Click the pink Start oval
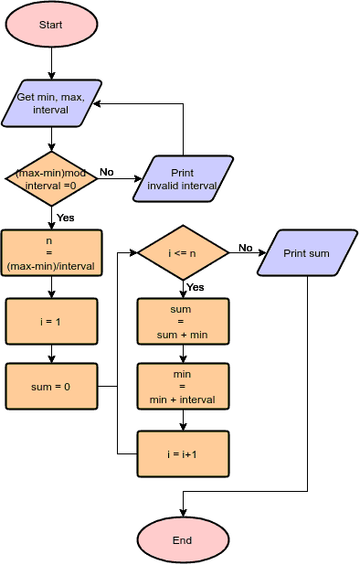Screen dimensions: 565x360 click(51, 25)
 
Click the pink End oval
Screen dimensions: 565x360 click(182, 539)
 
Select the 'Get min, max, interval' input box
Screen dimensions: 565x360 click(51, 103)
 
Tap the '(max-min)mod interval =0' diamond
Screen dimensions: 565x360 click(51, 178)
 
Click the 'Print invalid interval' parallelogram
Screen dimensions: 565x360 click(183, 178)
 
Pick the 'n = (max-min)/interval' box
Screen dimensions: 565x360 click(51, 252)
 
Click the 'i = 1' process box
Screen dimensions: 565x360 click(51, 321)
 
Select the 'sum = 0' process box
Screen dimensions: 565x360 click(51, 387)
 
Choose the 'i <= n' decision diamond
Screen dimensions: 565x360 click(183, 252)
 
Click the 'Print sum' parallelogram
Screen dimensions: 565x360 click(306, 252)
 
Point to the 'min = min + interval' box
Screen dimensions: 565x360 click(183, 387)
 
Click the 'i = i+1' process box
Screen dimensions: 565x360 click(183, 453)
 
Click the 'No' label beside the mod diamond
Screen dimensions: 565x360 click(107, 172)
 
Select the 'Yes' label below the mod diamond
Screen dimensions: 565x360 click(66, 218)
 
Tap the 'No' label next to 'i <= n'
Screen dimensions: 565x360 click(246, 247)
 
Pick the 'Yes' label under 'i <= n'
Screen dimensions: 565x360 click(196, 287)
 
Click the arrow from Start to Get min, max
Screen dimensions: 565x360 click(51, 63)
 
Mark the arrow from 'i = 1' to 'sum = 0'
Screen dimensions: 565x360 click(51, 354)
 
